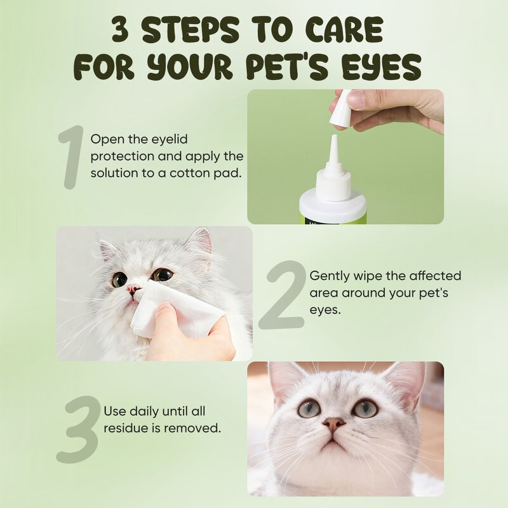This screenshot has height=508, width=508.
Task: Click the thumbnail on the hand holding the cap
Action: click(x=356, y=99)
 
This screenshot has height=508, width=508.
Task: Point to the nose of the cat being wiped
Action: click(x=133, y=289)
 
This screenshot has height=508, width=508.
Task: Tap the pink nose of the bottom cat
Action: click(x=333, y=424)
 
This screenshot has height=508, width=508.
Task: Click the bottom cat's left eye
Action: click(x=309, y=408)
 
